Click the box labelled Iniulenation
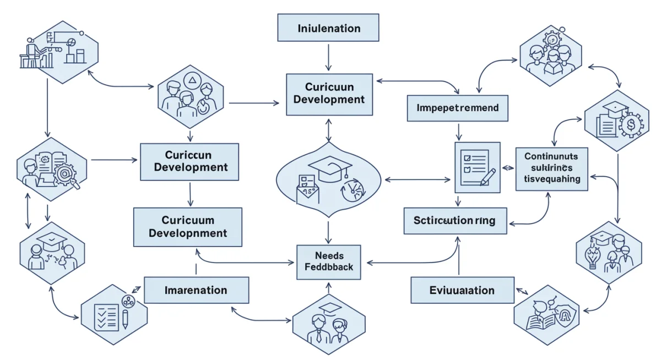[328, 28]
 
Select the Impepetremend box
[457, 108]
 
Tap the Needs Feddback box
[329, 261]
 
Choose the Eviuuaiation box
[462, 290]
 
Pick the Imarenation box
[196, 290]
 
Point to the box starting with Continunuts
[551, 169]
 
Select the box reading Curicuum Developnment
[188, 226]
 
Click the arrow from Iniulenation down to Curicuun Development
[328, 57]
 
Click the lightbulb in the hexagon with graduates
[593, 258]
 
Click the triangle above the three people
[192, 81]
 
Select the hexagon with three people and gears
[551, 55]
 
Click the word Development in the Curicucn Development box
[191, 167]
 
